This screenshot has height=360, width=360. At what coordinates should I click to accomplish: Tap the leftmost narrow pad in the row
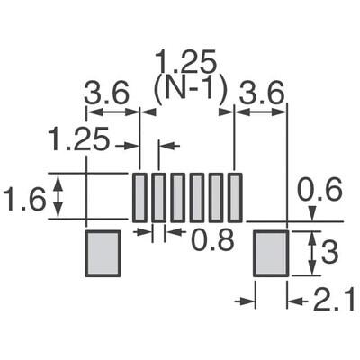click(x=139, y=196)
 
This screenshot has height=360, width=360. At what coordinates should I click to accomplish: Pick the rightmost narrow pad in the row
click(x=235, y=196)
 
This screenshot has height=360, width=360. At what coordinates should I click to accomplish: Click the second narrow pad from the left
click(x=158, y=196)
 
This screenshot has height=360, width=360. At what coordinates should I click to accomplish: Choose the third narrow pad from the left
click(x=177, y=196)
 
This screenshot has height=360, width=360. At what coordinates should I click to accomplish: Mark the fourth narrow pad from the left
click(x=196, y=196)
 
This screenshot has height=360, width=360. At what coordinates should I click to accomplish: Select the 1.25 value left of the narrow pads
click(x=78, y=140)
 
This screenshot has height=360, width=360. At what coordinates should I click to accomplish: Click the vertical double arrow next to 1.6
click(x=59, y=197)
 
